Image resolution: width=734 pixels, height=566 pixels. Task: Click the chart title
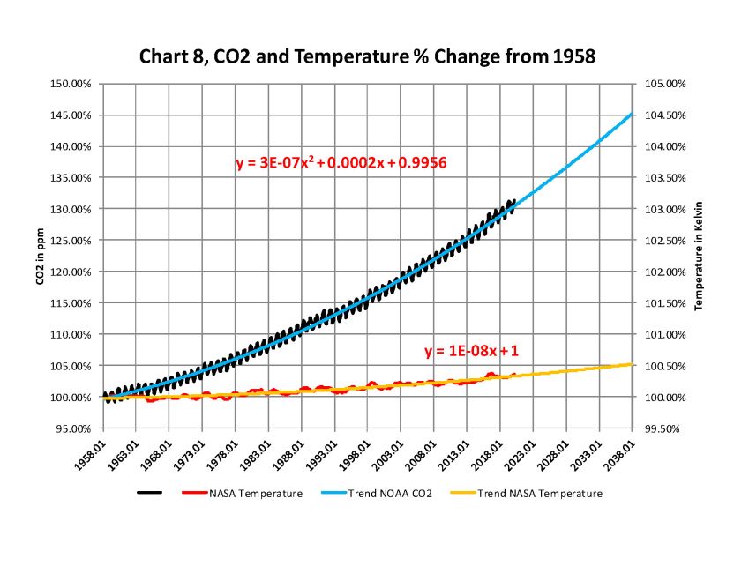tap(368, 57)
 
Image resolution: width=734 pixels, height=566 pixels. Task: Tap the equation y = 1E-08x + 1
tap(471, 351)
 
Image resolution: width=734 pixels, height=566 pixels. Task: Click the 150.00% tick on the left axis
tap(73, 84)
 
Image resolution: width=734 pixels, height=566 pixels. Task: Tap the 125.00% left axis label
tap(73, 241)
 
